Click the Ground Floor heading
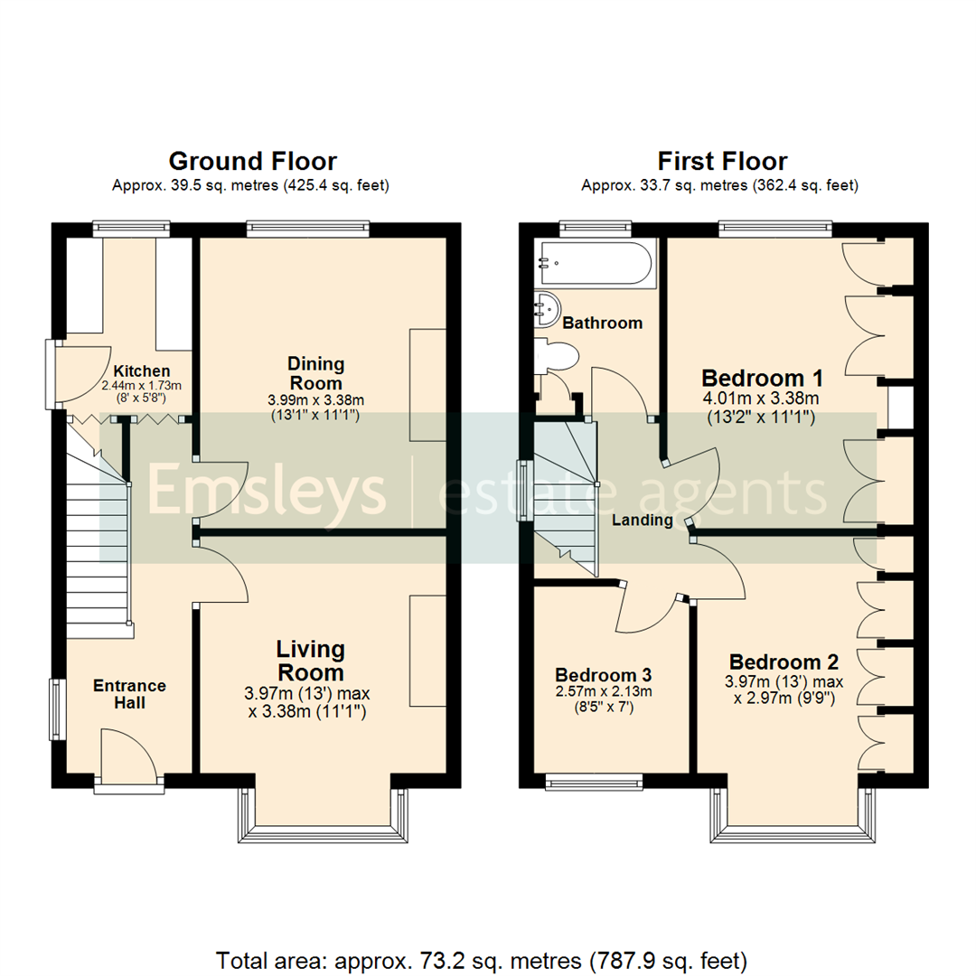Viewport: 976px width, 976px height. pyautogui.click(x=252, y=162)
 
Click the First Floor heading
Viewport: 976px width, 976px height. pyautogui.click(x=721, y=162)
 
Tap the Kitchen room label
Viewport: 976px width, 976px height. pyautogui.click(x=141, y=371)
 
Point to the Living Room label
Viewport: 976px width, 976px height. pyautogui.click(x=310, y=661)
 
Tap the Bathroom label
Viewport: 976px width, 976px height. pyautogui.click(x=602, y=323)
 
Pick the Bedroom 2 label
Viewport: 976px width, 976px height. pyautogui.click(x=784, y=662)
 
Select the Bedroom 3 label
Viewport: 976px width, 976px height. pyautogui.click(x=603, y=675)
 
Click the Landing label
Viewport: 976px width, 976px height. pyautogui.click(x=642, y=521)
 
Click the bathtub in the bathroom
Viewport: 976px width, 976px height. pyautogui.click(x=594, y=264)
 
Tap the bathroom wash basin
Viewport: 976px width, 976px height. pyautogui.click(x=547, y=309)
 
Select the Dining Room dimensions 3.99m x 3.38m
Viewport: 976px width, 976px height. pyautogui.click(x=315, y=399)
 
